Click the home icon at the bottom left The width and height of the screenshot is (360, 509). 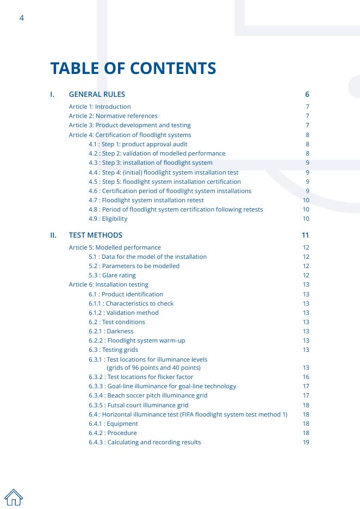pos(14,497)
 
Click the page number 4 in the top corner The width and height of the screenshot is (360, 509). pos(22,18)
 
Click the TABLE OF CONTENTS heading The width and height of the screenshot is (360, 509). pos(133,69)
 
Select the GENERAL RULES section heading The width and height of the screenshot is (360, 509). pos(97,94)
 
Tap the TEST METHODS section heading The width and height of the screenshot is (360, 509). pos(96,235)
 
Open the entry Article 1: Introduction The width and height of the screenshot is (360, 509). pos(100,107)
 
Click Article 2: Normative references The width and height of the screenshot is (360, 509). pos(113,116)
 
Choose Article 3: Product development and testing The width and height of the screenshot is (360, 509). pos(129,125)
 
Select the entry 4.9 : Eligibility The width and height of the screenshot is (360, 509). pos(108,219)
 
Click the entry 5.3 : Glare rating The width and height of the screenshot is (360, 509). pos(112,275)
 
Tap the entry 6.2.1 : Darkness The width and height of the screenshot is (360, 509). pos(111,331)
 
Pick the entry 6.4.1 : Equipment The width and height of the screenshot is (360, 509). pos(113,424)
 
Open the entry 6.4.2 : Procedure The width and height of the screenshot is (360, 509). pos(113,433)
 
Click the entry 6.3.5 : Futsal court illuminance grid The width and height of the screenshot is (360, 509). pos(139,405)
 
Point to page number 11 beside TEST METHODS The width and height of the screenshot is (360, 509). pos(305,235)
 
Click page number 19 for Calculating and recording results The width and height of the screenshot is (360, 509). pos(306,442)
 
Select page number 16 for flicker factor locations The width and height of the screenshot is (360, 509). pos(306,377)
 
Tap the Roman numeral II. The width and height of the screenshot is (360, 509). pos(53,235)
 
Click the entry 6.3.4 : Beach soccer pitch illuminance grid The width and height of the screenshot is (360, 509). pos(148,395)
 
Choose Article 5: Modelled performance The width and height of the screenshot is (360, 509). pos(115,247)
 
